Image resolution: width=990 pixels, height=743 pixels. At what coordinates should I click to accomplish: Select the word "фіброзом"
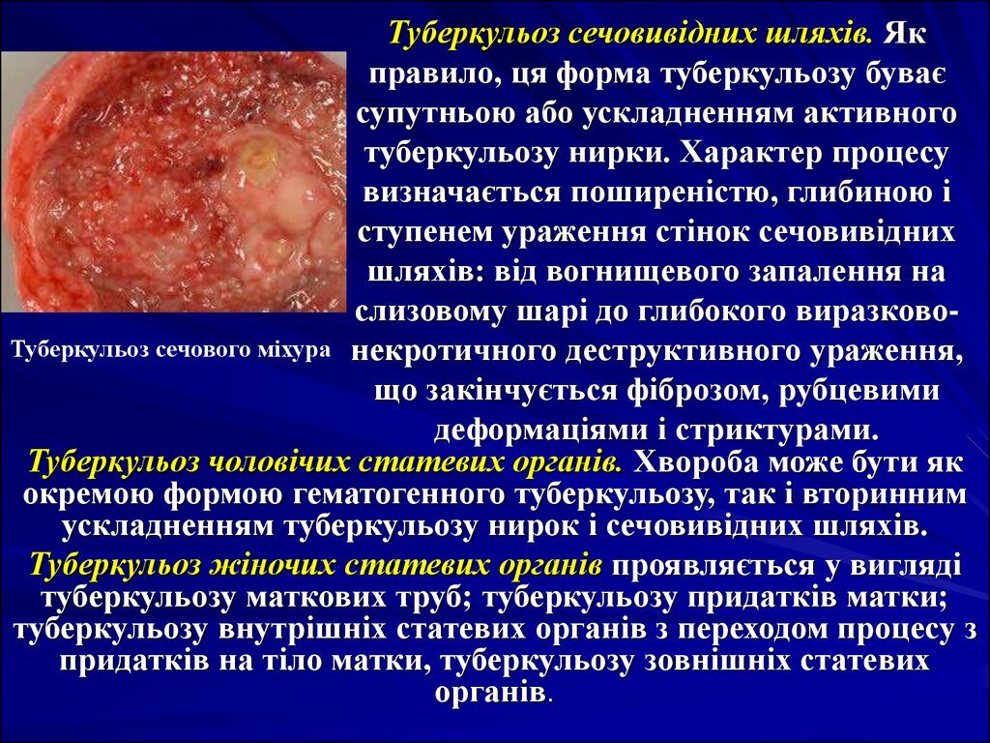692,392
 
